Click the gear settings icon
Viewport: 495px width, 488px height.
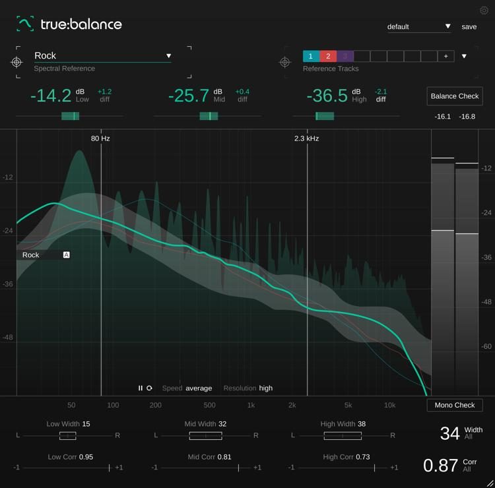(x=484, y=11)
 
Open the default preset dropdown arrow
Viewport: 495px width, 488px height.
(x=447, y=26)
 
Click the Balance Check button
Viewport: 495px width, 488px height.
(x=454, y=96)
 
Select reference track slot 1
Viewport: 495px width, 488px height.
(x=311, y=56)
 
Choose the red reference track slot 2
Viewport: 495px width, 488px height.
(x=328, y=56)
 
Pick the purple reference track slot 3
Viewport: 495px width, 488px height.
(x=345, y=56)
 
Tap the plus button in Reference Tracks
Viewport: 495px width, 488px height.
(x=446, y=56)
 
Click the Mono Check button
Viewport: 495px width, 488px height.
(x=454, y=405)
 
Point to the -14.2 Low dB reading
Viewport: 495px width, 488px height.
(x=51, y=96)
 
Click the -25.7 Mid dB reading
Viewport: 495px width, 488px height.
(x=189, y=96)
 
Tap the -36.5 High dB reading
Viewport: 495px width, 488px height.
(x=327, y=96)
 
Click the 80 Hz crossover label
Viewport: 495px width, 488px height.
(x=100, y=138)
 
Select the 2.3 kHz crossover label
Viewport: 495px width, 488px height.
(x=306, y=138)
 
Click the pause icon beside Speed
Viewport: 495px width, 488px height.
(x=140, y=388)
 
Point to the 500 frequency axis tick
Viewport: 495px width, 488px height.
(x=209, y=405)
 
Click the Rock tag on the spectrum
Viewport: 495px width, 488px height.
(x=31, y=255)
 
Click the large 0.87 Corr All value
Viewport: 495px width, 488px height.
(x=440, y=466)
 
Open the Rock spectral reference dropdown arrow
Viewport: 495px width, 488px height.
(x=168, y=56)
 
